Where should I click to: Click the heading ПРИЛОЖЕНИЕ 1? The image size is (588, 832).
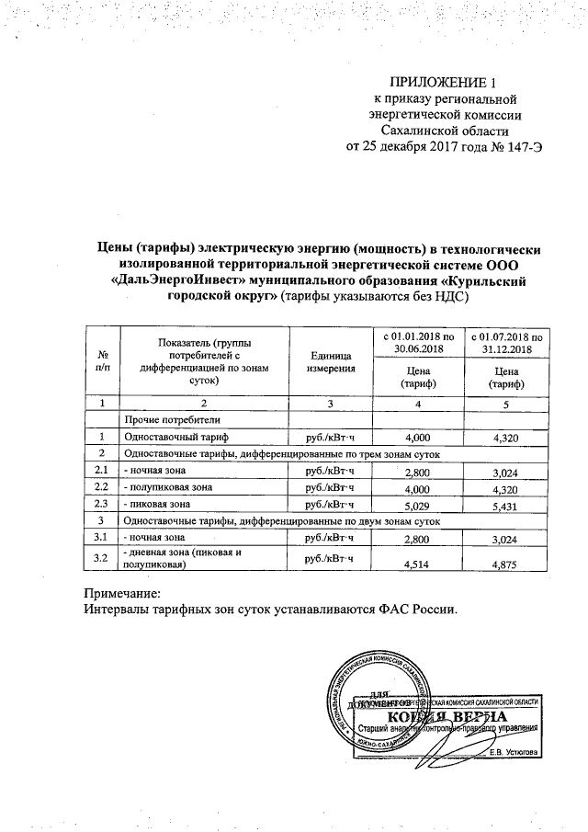[449, 82]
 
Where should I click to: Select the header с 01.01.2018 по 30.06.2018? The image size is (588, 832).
[418, 342]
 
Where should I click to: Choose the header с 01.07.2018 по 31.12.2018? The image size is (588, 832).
[501, 342]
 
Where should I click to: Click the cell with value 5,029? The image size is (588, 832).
[418, 505]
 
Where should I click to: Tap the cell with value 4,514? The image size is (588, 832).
[418, 563]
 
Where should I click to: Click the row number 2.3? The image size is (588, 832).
[102, 504]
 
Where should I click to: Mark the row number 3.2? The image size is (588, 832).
[102, 557]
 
